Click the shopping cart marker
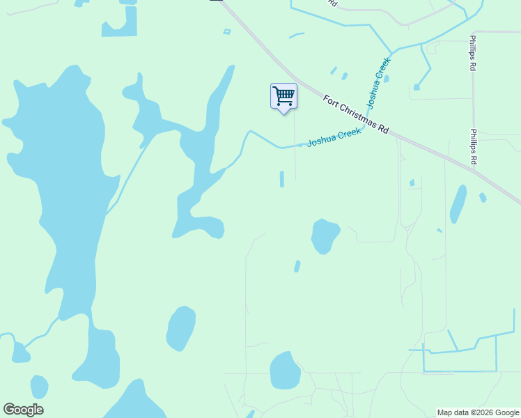coord(283,96)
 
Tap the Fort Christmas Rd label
coord(355,115)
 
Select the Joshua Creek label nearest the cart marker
coord(334,137)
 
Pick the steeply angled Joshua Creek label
coord(379,83)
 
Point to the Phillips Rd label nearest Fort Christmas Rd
coord(473,147)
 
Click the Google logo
coord(23,410)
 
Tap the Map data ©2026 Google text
coord(479,412)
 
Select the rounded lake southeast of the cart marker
coord(325,235)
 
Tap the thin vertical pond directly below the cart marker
coord(282,179)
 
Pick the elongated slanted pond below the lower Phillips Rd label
coord(458,203)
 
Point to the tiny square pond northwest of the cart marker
coord(226,31)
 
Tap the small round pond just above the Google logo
coord(39,386)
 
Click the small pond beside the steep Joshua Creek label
coord(387,79)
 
